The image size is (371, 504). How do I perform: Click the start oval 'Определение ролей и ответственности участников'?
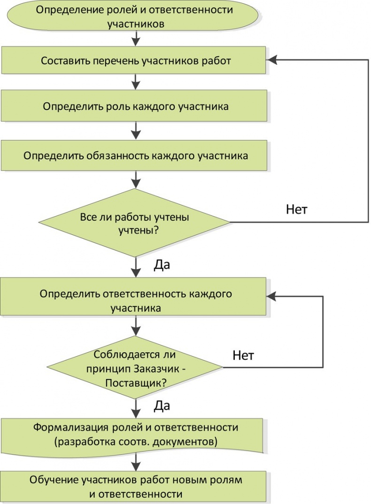click(136, 16)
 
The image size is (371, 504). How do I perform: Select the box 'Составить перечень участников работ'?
click(136, 61)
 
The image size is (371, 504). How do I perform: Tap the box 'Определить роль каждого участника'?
click(136, 107)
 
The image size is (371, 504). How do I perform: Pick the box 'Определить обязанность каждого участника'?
click(136, 155)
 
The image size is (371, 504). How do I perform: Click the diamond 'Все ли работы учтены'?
click(136, 223)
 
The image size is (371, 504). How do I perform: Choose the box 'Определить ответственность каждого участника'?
click(136, 301)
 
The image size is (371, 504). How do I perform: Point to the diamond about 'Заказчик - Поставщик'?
click(136, 368)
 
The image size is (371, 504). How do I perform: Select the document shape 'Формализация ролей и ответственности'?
click(136, 434)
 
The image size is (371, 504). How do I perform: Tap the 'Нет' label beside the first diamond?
click(297, 209)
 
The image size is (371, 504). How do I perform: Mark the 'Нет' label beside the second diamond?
click(243, 355)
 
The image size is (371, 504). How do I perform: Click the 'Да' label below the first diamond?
click(162, 265)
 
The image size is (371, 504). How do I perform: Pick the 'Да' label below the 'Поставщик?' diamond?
click(162, 406)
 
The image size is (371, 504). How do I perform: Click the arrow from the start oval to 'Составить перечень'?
click(136, 37)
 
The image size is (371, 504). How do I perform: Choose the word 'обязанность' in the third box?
click(117, 155)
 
